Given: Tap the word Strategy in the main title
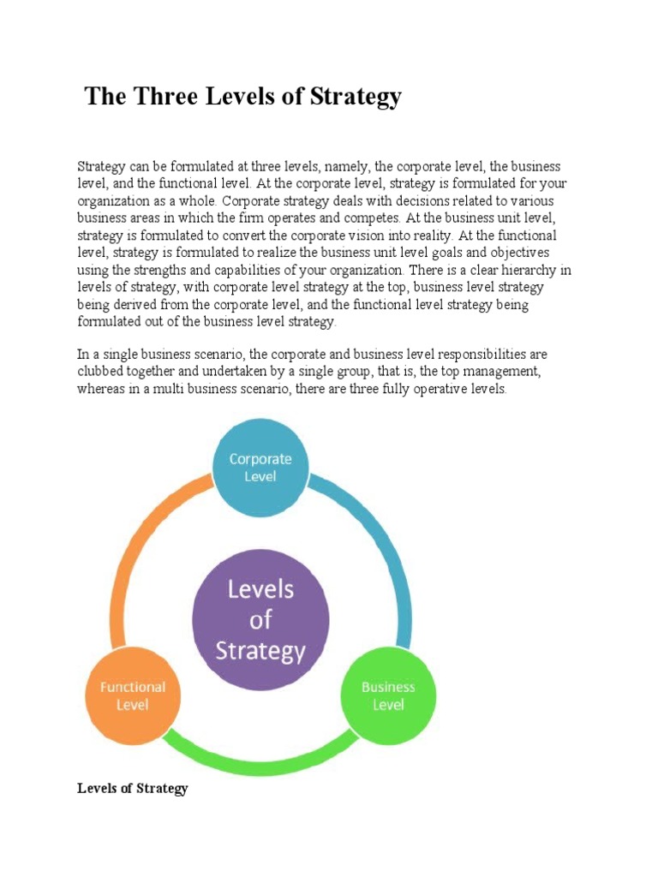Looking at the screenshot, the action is pyautogui.click(x=354, y=97).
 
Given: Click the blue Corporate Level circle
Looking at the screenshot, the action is pyautogui.click(x=260, y=468).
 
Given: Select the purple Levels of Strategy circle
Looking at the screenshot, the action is pyautogui.click(x=260, y=621).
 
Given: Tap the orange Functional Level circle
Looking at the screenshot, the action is pyautogui.click(x=132, y=695).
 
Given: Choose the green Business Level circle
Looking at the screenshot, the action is pyautogui.click(x=388, y=695).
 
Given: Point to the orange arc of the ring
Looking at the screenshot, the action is pyautogui.click(x=137, y=557).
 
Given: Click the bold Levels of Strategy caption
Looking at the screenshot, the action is pyautogui.click(x=132, y=788).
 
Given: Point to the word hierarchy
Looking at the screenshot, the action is pyautogui.click(x=511, y=270).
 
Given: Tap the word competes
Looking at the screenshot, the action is pyautogui.click(x=374, y=218).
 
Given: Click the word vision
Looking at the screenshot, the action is pyautogui.click(x=380, y=236).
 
